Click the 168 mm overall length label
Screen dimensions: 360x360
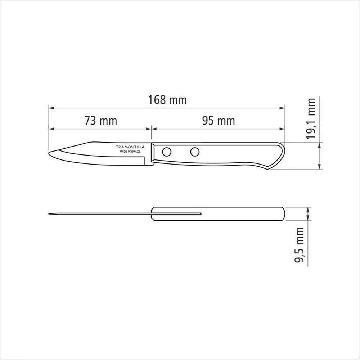pos(168,100)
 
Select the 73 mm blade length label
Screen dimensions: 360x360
pos(101,121)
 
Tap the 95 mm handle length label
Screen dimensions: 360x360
pos(219,121)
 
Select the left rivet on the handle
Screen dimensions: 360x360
pos(166,152)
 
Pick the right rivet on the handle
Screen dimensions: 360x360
pos(195,152)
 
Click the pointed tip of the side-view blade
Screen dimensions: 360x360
pos(49,154)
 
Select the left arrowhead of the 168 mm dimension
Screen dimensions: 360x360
pos(50,108)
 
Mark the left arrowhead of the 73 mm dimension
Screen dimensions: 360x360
pos(50,129)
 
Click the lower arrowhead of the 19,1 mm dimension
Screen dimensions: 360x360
pos(320,167)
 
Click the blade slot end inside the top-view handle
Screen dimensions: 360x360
pos(199,215)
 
